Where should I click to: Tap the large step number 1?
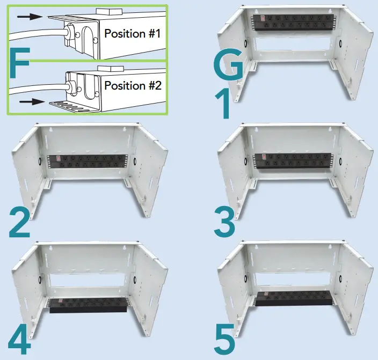[223, 105]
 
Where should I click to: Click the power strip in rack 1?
[289, 21]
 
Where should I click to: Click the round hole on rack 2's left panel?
[39, 160]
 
